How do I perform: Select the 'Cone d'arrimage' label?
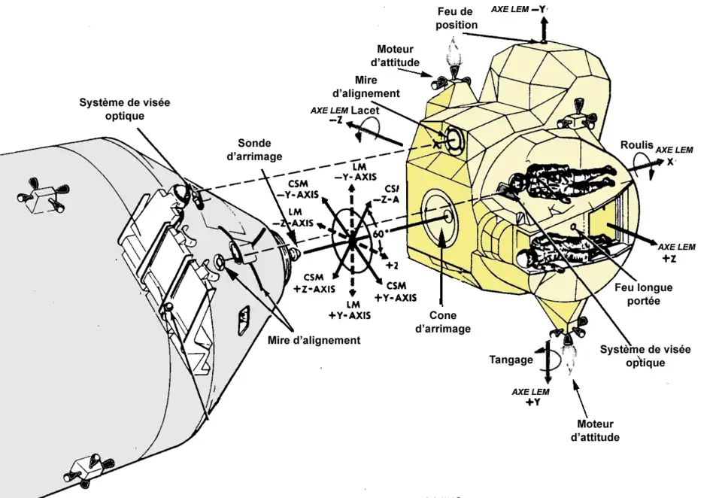tap(444, 322)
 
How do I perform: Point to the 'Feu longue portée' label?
tap(643, 293)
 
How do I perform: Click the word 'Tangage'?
tap(511, 360)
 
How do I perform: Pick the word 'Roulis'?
tap(636, 144)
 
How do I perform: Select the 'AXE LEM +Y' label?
tap(531, 397)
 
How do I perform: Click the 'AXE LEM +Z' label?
tap(676, 253)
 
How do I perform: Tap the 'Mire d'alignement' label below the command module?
tap(314, 340)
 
